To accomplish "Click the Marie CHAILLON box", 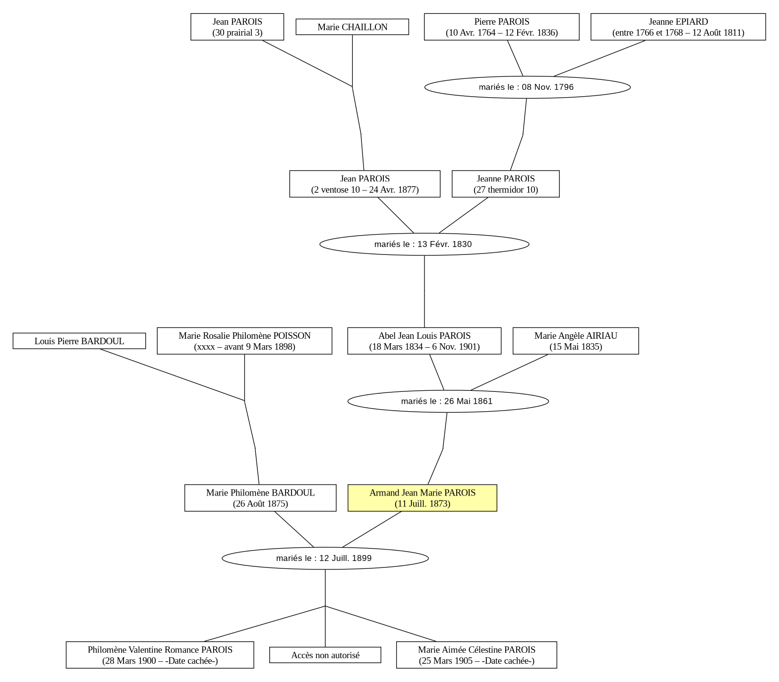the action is [x=352, y=27].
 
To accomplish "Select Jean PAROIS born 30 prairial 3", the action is [x=237, y=27].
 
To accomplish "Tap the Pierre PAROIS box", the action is [x=501, y=27].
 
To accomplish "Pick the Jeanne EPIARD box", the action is [x=678, y=27].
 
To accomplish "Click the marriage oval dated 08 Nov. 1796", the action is [x=528, y=87].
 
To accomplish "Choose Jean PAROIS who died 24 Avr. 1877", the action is [x=364, y=184].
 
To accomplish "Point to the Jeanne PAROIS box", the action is [x=505, y=184].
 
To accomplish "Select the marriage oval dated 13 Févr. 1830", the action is [x=424, y=244].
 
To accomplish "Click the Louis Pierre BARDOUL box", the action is [x=79, y=341].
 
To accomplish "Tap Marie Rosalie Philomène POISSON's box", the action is [x=244, y=341].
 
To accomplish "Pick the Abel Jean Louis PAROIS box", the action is [x=424, y=341].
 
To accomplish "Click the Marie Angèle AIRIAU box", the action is [x=576, y=341].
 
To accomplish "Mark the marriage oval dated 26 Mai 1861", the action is [x=448, y=401].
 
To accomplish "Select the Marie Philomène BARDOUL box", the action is [x=260, y=498].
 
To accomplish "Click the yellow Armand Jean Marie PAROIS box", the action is [x=422, y=498].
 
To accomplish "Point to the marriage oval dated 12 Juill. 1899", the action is [x=325, y=558].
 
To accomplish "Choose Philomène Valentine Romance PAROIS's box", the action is [x=160, y=655].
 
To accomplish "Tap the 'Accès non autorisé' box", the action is [x=325, y=655].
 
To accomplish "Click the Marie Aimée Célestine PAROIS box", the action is [x=477, y=655].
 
